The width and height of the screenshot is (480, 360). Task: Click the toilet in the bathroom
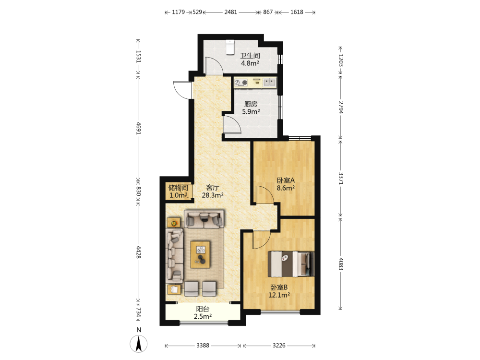(x=230, y=47)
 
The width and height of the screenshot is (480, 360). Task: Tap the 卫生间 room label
(x=250, y=56)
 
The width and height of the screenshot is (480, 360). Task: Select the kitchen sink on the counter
(x=270, y=82)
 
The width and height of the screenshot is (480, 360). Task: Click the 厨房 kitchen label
(x=251, y=104)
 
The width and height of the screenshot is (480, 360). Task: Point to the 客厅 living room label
(x=213, y=187)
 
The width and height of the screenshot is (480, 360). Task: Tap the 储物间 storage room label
(x=178, y=187)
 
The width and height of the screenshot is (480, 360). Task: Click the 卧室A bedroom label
(x=286, y=180)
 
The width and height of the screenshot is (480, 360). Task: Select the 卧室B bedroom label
(x=279, y=288)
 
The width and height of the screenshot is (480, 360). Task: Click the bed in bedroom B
(x=291, y=264)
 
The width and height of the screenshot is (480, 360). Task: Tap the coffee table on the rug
(x=200, y=254)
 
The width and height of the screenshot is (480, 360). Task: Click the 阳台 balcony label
(x=203, y=309)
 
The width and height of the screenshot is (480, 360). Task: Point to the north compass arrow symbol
(x=139, y=344)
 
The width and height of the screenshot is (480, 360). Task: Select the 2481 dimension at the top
(x=230, y=12)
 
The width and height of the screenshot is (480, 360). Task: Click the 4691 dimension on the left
(x=138, y=128)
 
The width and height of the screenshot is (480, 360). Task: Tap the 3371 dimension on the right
(x=341, y=178)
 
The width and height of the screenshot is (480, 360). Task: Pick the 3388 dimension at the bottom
(x=203, y=345)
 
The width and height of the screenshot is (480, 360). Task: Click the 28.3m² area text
(x=213, y=195)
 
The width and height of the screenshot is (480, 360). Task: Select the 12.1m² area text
(x=279, y=295)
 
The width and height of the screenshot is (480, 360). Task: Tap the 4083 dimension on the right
(x=341, y=264)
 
